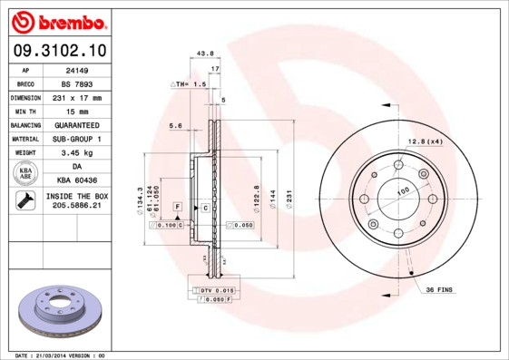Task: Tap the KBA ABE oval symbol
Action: (x=25, y=173)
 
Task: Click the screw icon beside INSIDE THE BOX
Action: (x=24, y=201)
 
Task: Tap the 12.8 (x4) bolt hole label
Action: (x=425, y=141)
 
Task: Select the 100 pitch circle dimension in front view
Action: (x=402, y=190)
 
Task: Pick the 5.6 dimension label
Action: (x=175, y=125)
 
